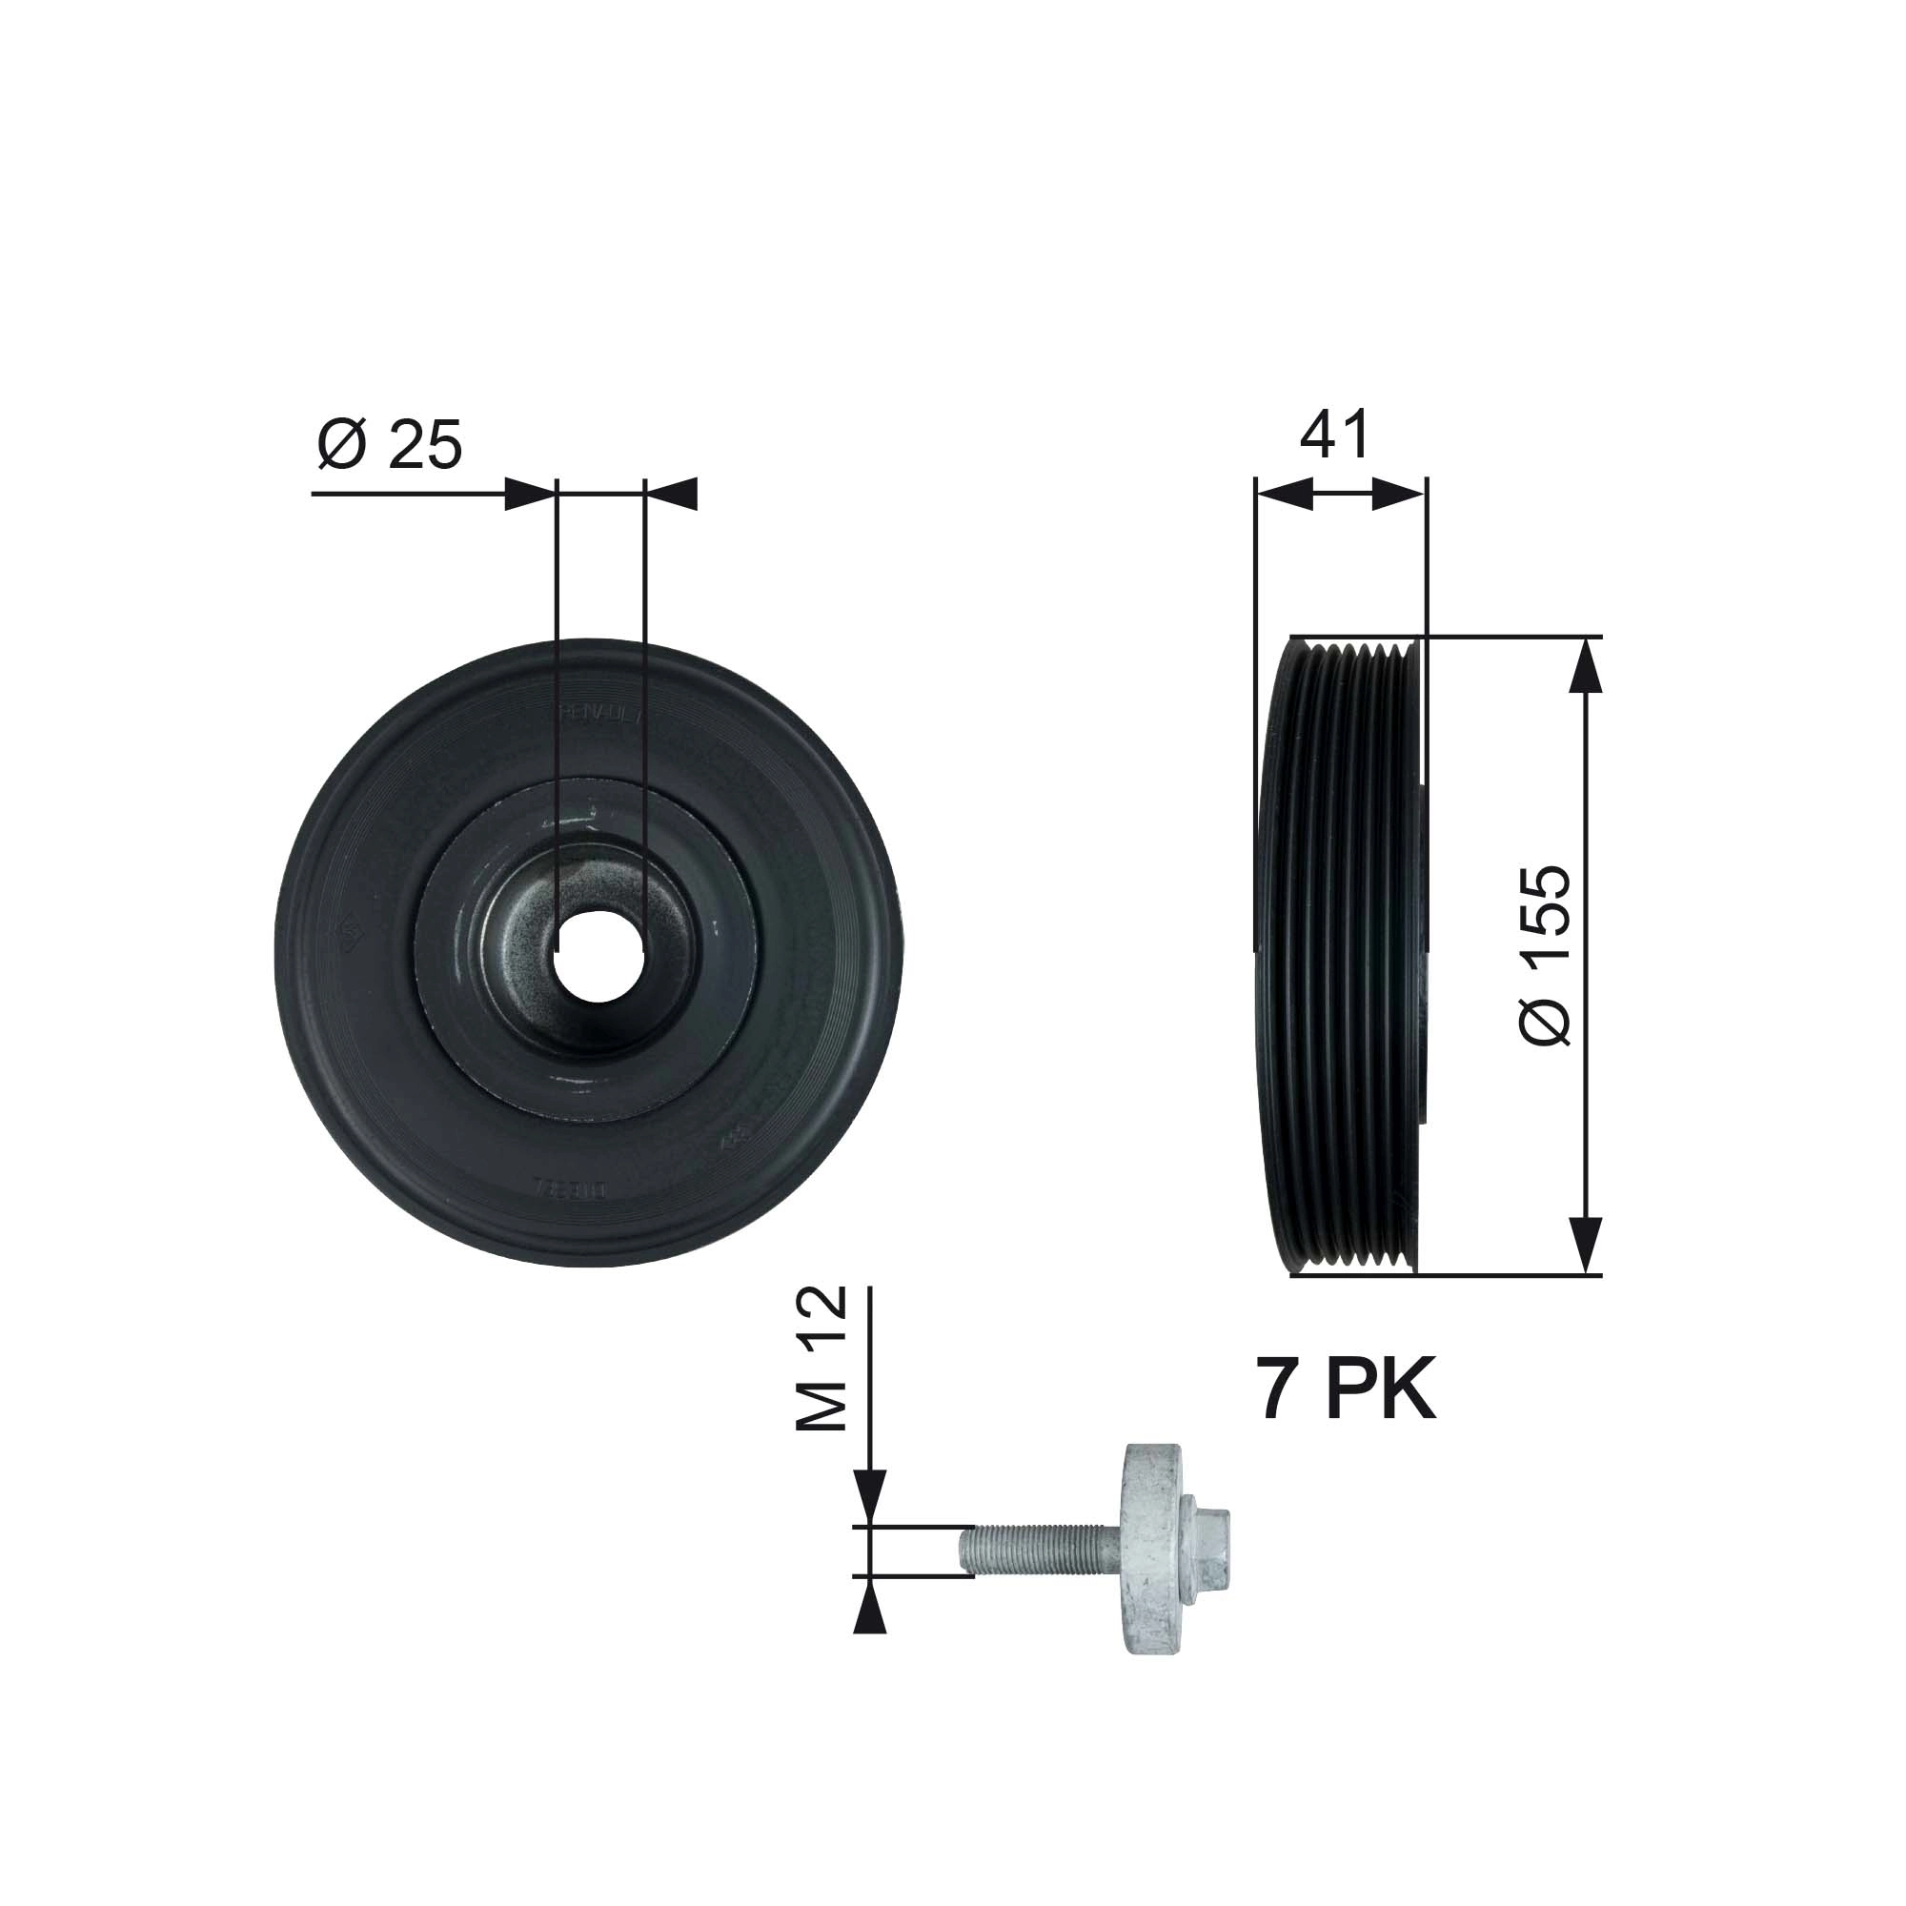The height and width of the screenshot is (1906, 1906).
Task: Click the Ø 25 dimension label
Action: pyautogui.click(x=390, y=444)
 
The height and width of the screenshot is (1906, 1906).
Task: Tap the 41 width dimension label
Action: pyautogui.click(x=1334, y=436)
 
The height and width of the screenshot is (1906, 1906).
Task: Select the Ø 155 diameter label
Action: pyautogui.click(x=1545, y=955)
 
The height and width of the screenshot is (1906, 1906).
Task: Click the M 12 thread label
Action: pyautogui.click(x=821, y=1358)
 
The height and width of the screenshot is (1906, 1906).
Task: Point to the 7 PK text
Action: pyautogui.click(x=1346, y=1389)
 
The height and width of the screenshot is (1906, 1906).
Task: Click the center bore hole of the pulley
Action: pyautogui.click(x=598, y=955)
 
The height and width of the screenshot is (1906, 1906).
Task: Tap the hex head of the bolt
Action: pyautogui.click(x=1211, y=1560)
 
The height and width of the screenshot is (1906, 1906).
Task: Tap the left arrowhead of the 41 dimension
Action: pyautogui.click(x=1284, y=495)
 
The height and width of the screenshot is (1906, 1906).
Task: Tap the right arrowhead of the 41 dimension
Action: pyautogui.click(x=1398, y=495)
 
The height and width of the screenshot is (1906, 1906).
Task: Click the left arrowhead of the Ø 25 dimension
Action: pyautogui.click(x=529, y=495)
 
